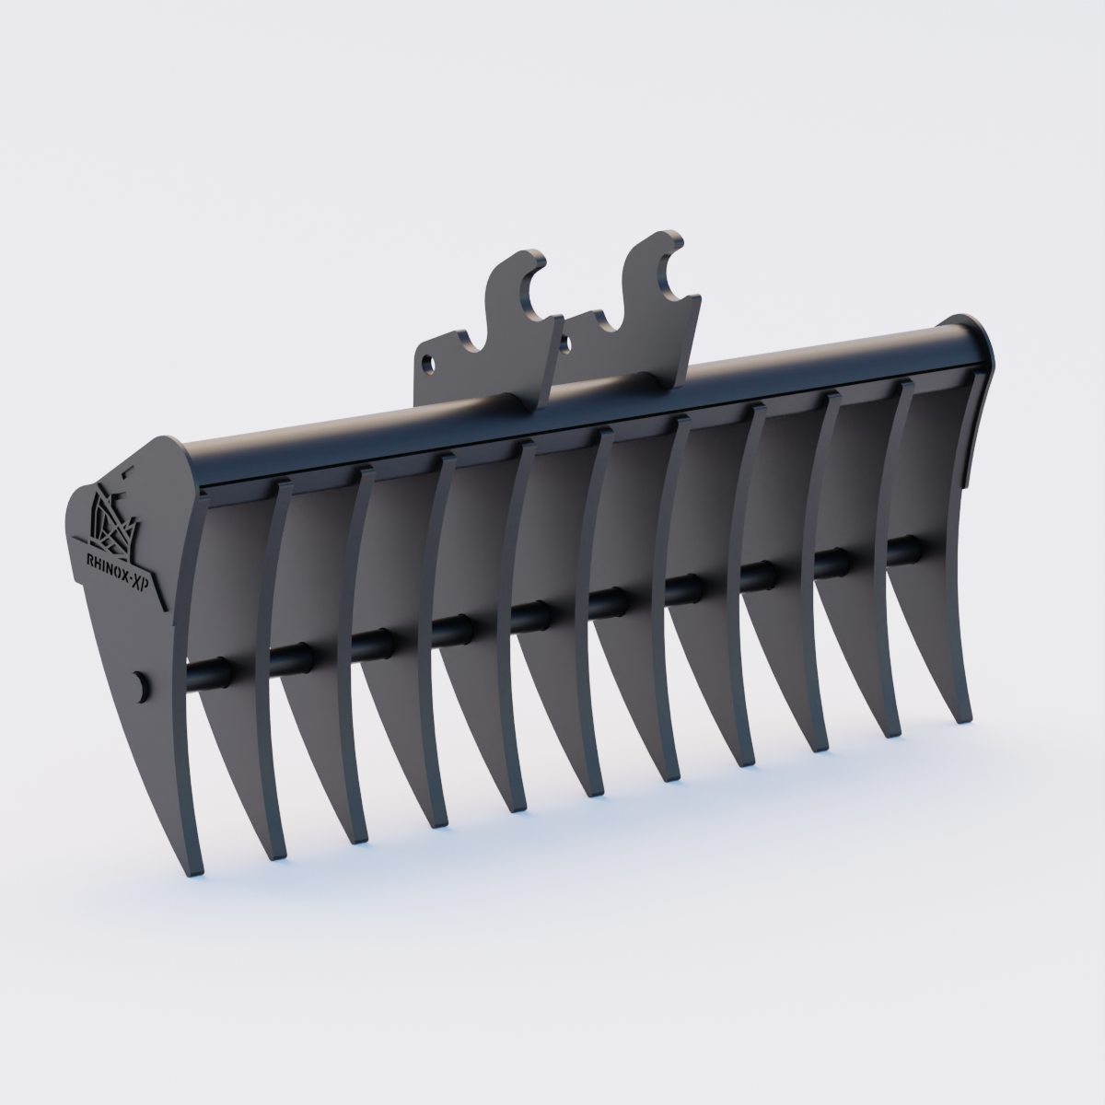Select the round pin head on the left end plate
click(141, 684)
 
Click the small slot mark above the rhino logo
click(125, 470)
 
